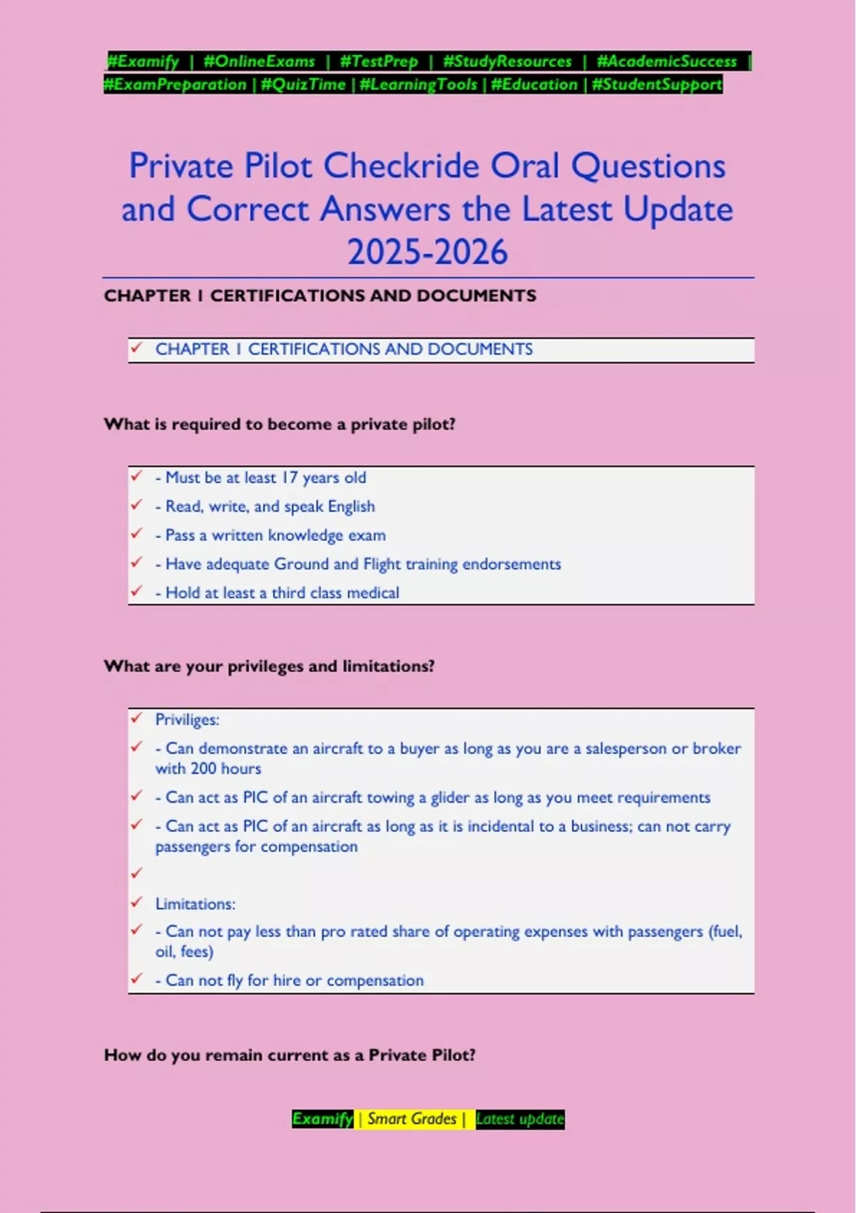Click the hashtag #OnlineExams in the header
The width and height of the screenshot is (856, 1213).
(259, 61)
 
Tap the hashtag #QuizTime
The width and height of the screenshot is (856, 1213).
(303, 85)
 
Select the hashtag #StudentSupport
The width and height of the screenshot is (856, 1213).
(657, 85)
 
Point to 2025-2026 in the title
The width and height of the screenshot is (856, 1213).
(427, 252)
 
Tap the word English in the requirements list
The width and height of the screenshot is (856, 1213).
(351, 507)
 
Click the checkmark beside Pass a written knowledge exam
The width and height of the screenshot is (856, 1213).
(136, 534)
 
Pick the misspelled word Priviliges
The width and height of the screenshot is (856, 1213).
(187, 720)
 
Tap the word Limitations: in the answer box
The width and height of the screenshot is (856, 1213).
(195, 904)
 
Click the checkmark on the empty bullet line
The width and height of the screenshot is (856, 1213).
(136, 873)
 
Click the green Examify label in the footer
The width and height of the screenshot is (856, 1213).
(322, 1119)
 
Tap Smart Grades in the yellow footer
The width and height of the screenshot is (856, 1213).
(412, 1119)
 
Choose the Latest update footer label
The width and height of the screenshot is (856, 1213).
(520, 1119)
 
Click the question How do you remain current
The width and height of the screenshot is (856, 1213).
(290, 1055)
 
